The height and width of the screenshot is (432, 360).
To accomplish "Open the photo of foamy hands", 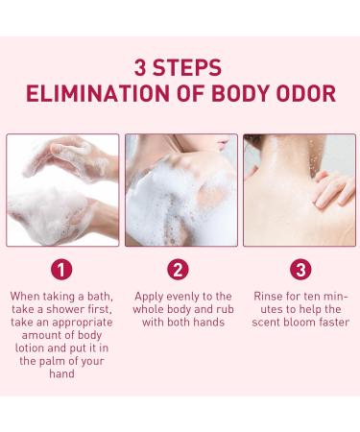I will point(62,190).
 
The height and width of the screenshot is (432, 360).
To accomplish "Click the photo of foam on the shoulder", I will point(180,190).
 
